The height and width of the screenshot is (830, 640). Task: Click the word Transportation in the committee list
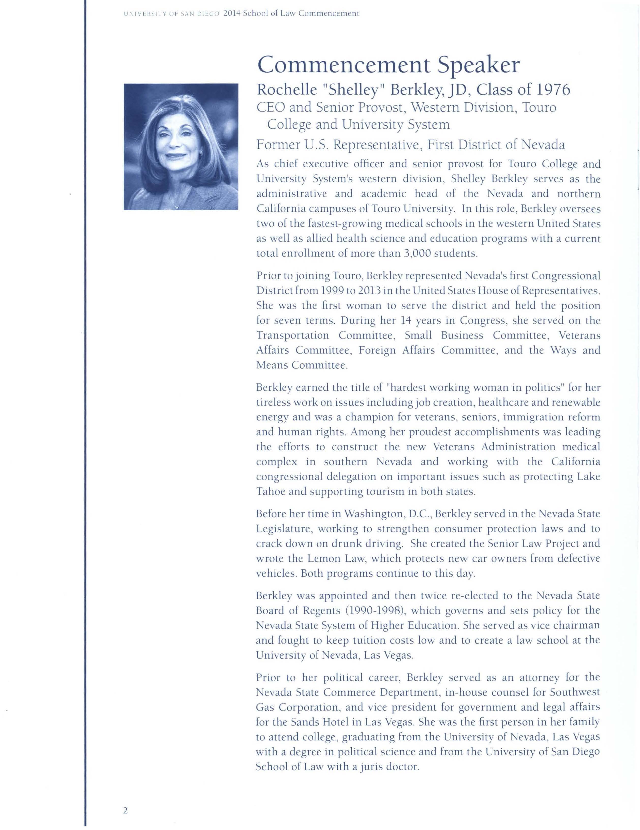click(x=292, y=336)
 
